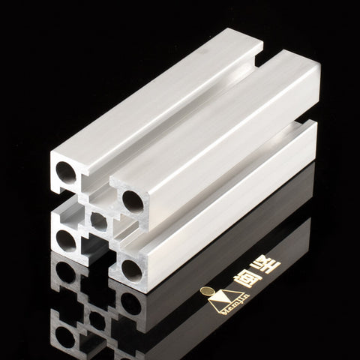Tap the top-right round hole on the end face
(x=133, y=200)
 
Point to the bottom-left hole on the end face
(x=66, y=240)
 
